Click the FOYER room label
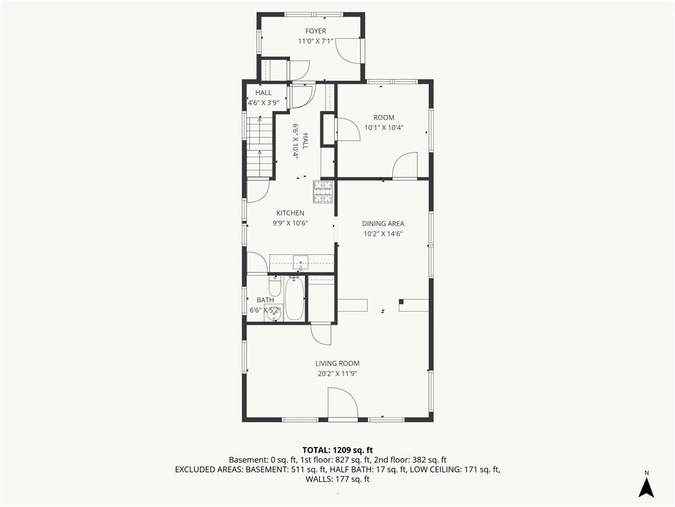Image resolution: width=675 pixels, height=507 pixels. [x=316, y=31]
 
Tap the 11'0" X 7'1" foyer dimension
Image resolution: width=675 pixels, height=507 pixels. [x=316, y=42]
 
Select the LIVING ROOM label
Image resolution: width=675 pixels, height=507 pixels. [x=337, y=364]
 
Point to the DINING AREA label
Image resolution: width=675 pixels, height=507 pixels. [x=383, y=223]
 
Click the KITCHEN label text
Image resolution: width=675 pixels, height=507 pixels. [x=290, y=213]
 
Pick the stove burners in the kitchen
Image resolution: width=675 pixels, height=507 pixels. [x=323, y=192]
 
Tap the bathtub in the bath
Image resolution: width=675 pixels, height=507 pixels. [x=295, y=299]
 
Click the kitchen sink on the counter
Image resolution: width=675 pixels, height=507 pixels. [x=301, y=261]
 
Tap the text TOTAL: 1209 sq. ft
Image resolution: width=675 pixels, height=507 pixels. [x=337, y=450]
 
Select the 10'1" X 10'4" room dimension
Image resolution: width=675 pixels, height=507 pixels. [x=384, y=127]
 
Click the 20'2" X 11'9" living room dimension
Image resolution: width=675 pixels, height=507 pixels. [x=337, y=374]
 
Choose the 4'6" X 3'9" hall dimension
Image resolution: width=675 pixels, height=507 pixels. [x=264, y=103]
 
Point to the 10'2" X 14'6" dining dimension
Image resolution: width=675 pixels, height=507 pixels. [x=383, y=234]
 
